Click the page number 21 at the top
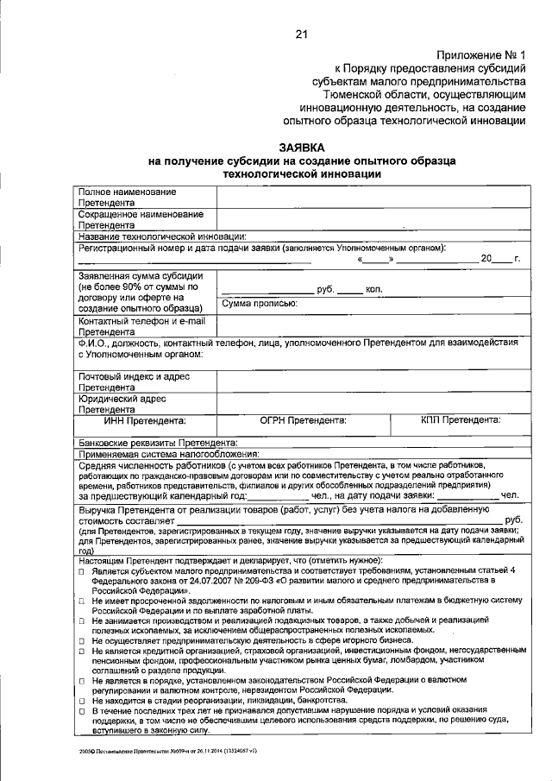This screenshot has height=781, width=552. (x=301, y=35)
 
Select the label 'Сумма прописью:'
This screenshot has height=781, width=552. (x=260, y=303)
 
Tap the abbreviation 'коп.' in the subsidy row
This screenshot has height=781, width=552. (x=373, y=289)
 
